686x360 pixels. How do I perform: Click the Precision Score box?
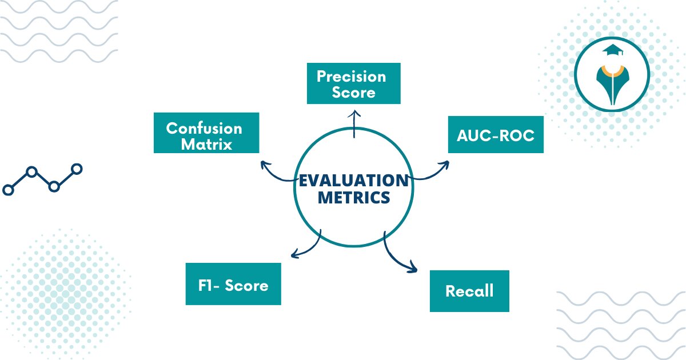click(x=353, y=83)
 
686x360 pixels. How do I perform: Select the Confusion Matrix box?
click(x=206, y=133)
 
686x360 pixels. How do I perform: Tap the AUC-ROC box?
click(x=496, y=134)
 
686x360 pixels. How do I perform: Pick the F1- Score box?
click(x=233, y=284)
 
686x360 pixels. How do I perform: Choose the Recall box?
click(x=469, y=290)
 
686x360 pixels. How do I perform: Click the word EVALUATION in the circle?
click(x=354, y=181)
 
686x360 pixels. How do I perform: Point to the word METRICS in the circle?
click(x=354, y=198)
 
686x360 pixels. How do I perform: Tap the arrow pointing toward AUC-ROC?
click(x=432, y=173)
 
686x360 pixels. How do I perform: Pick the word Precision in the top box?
click(x=352, y=76)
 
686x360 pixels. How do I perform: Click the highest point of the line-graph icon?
click(x=77, y=169)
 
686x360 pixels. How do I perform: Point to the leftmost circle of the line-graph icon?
click(x=8, y=190)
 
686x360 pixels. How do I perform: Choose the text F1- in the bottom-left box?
click(x=208, y=285)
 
